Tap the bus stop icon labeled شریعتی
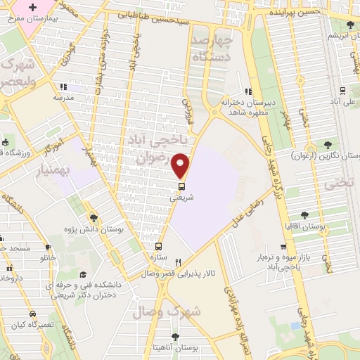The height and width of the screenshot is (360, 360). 181,187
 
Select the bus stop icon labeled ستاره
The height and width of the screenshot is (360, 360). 159,247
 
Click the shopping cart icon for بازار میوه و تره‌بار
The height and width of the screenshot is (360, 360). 283,247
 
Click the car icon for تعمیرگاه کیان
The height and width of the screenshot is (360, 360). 32,314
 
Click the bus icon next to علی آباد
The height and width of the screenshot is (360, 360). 342,90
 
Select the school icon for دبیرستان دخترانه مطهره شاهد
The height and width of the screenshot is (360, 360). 247,91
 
